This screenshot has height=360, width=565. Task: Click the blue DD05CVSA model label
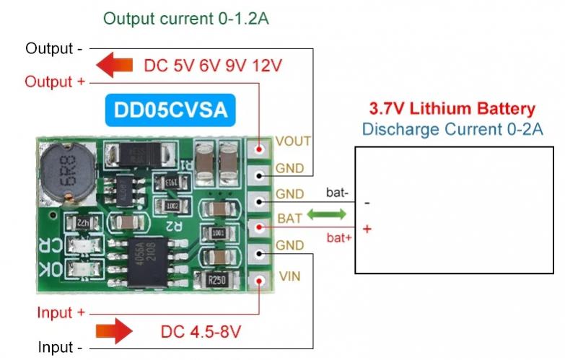click(x=170, y=110)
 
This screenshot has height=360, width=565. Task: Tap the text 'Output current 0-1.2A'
click(x=186, y=19)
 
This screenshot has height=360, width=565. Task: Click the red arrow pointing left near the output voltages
click(x=115, y=65)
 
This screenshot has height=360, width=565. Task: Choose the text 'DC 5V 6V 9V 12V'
click(x=213, y=66)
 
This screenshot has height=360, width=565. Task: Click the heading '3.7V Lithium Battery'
click(x=452, y=110)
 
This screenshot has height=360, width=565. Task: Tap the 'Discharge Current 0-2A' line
click(x=452, y=130)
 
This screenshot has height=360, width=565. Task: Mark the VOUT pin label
click(x=293, y=141)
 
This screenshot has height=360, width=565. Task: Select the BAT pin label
click(x=287, y=217)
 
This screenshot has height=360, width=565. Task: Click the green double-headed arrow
click(x=327, y=214)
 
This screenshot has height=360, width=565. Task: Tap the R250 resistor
click(x=216, y=280)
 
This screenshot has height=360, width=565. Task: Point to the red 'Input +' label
click(x=61, y=312)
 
